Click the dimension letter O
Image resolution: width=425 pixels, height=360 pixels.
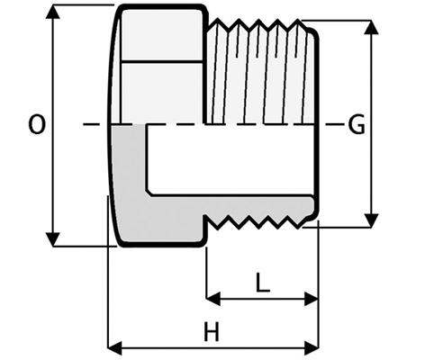tap(37, 124)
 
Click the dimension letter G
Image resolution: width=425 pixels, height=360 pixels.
tap(357, 124)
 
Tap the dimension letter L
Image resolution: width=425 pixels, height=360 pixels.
tap(263, 282)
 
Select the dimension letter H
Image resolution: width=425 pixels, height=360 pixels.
tap(212, 332)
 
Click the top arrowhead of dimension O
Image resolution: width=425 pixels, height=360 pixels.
tap(53, 12)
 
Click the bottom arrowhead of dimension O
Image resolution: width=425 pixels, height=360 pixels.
tap(53, 239)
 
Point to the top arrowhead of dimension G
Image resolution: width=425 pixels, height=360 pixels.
tap(371, 27)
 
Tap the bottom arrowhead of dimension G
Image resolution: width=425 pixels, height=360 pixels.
tap(371, 220)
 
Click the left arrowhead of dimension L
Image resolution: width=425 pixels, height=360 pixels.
tap(213, 299)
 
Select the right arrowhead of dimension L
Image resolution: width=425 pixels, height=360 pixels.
tap(312, 299)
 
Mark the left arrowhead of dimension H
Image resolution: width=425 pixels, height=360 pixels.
tap(115, 348)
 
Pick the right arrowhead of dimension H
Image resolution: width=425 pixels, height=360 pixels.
tap(312, 348)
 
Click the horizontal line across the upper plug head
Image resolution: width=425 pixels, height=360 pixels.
tap(162, 61)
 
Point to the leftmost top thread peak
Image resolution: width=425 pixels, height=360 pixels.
tap(217, 20)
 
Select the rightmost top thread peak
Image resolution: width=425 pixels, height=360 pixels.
tap(298, 21)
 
